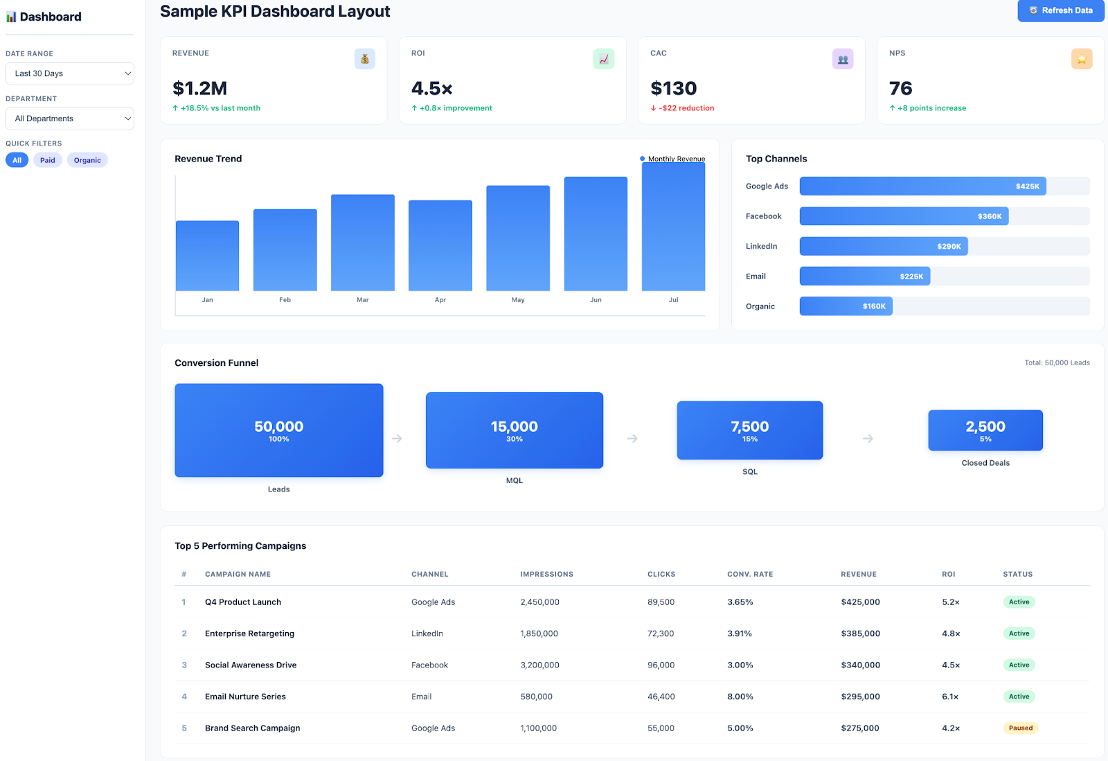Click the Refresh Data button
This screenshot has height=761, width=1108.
pyautogui.click(x=1060, y=10)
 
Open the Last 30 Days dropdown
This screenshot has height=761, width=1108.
pyautogui.click(x=69, y=73)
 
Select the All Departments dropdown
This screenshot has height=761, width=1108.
pyautogui.click(x=69, y=119)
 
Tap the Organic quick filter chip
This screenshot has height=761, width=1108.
pyautogui.click(x=87, y=160)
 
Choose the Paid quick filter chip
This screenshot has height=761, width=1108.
pyautogui.click(x=47, y=160)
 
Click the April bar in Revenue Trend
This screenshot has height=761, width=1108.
pyautogui.click(x=440, y=245)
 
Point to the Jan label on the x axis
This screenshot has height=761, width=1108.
pyautogui.click(x=207, y=300)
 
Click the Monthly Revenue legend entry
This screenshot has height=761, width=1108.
pyautogui.click(x=672, y=159)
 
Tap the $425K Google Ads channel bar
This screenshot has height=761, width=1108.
pyautogui.click(x=922, y=186)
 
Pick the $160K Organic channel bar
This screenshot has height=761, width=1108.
pyautogui.click(x=846, y=306)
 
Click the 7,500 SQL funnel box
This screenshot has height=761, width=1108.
pyautogui.click(x=749, y=430)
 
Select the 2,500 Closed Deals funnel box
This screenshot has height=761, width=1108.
pyautogui.click(x=985, y=430)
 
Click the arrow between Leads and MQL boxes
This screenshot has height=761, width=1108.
pyautogui.click(x=397, y=438)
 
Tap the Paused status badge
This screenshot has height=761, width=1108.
pyautogui.click(x=1020, y=728)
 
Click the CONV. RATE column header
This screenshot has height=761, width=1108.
pyautogui.click(x=750, y=574)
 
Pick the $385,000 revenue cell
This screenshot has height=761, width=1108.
pyautogui.click(x=860, y=633)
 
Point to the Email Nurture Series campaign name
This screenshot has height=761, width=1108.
pyautogui.click(x=245, y=697)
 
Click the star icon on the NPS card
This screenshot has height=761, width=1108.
pyautogui.click(x=1081, y=59)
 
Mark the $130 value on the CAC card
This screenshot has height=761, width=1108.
pyautogui.click(x=673, y=89)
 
